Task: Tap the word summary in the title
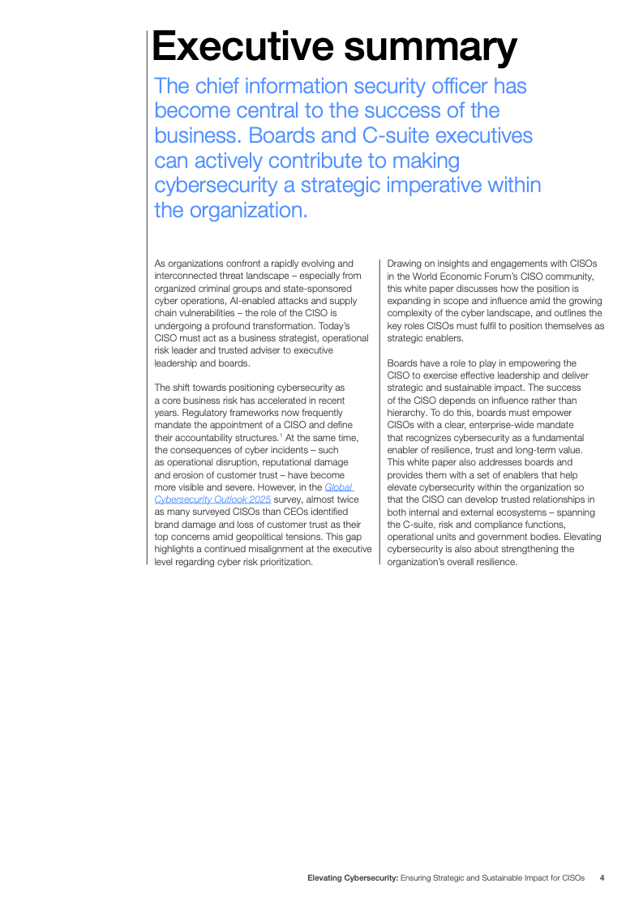430,46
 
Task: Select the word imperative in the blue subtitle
435,185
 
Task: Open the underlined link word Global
338,487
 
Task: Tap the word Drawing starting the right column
405,264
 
